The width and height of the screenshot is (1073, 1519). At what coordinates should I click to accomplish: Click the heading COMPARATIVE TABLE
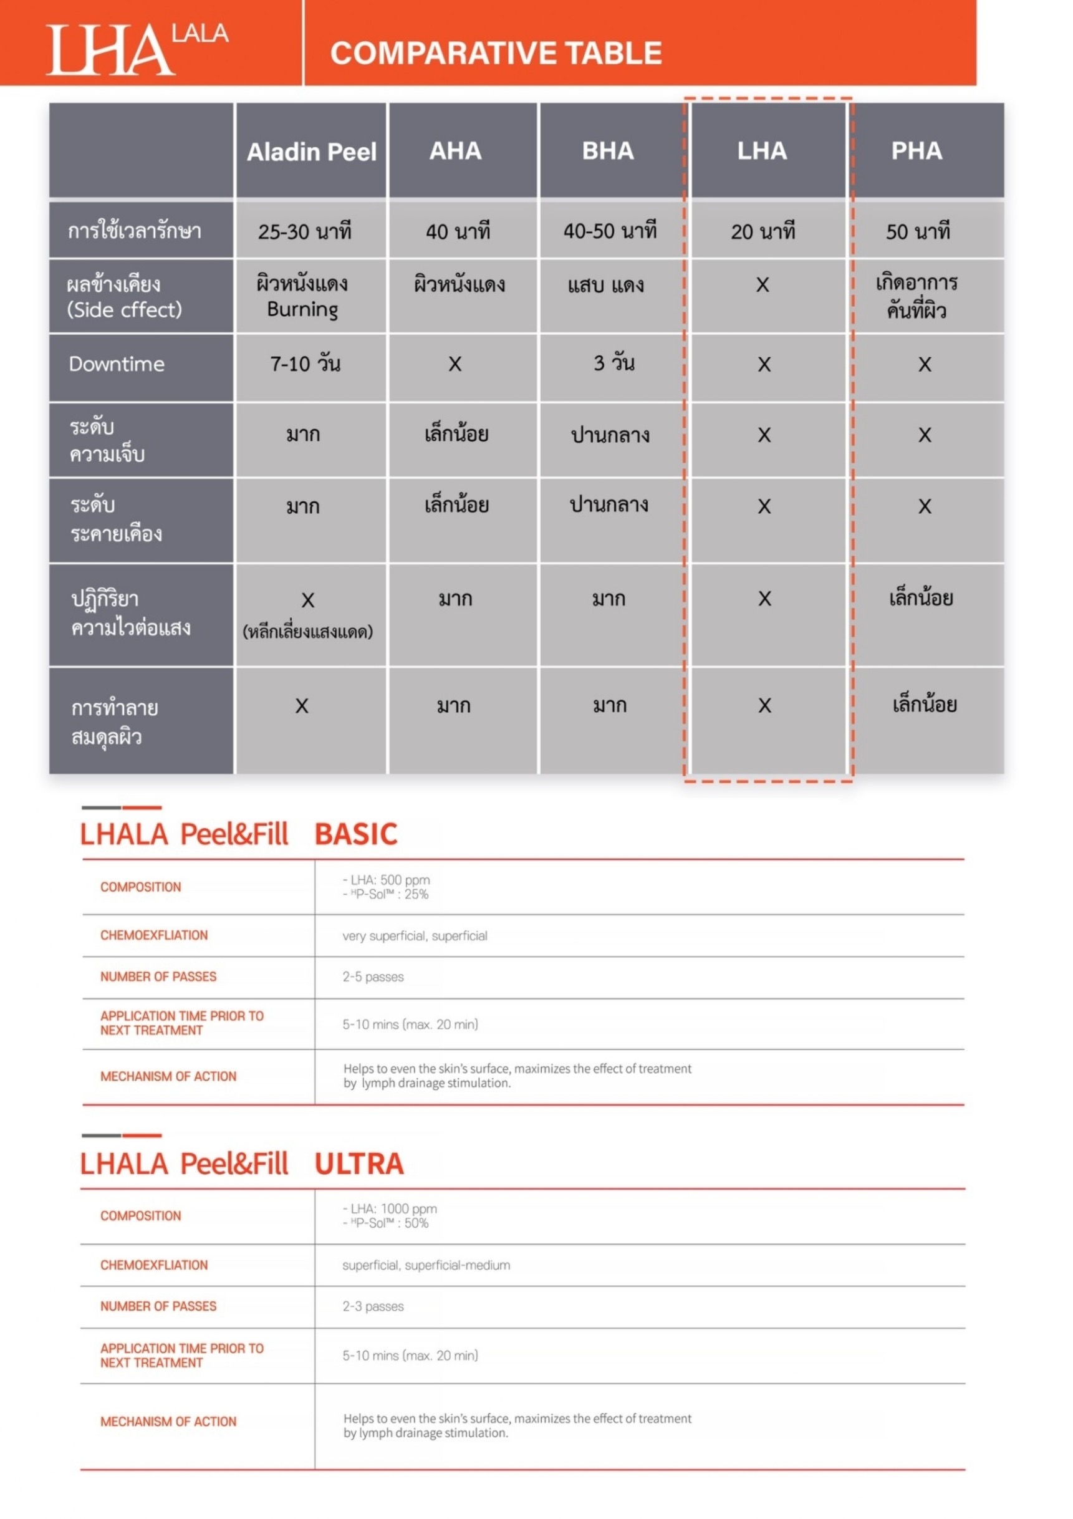496,53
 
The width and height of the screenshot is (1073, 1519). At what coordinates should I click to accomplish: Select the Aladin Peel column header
311,152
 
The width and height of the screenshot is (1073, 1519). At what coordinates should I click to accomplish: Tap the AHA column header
455,151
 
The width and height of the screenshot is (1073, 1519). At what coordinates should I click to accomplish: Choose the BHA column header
607,151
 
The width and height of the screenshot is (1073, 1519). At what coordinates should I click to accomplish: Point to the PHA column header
917,151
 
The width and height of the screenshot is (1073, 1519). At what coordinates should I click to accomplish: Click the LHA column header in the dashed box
762,151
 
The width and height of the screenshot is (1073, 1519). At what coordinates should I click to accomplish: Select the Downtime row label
117,364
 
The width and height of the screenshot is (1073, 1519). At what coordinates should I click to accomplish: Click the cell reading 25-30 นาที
304,231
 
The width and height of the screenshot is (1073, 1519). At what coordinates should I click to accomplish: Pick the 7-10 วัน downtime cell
305,364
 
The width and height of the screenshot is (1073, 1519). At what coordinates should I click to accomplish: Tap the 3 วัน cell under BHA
613,363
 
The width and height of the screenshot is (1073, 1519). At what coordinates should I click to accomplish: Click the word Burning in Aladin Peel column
302,310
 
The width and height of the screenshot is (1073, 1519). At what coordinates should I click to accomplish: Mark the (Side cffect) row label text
124,310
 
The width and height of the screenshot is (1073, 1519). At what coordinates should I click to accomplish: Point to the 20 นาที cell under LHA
763,231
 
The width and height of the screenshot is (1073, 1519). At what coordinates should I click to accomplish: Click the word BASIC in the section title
356,834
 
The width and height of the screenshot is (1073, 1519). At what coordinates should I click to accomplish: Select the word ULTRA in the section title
358,1164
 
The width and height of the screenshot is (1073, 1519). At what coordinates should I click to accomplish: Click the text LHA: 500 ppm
390,880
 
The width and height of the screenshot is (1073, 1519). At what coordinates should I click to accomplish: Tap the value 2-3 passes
373,1306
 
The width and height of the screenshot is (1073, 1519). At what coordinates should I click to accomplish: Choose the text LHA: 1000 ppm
393,1208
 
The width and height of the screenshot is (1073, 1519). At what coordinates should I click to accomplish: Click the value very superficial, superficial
415,935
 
